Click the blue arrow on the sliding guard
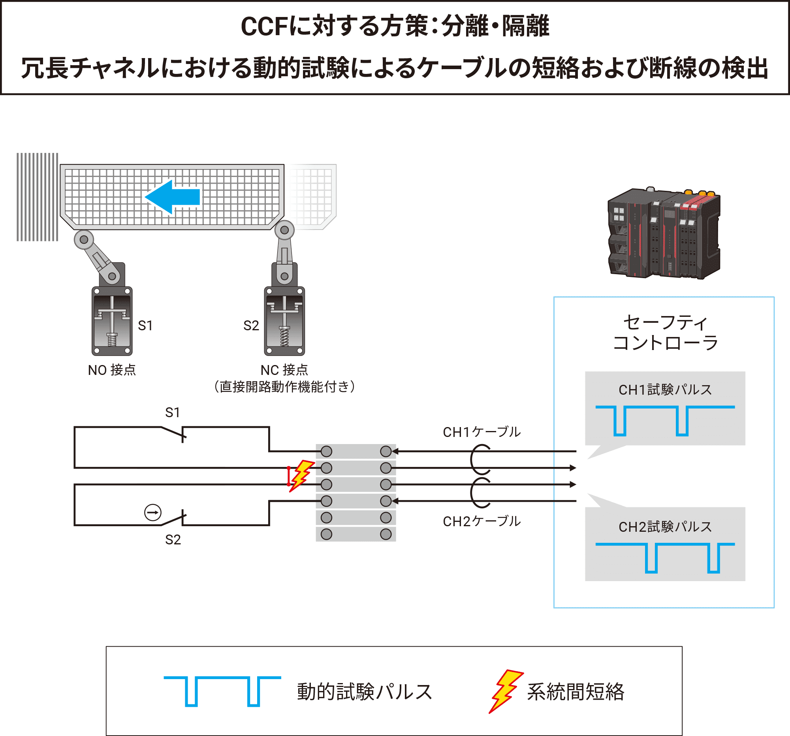(173, 197)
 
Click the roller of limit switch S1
(84, 240)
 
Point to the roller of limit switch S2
(284, 230)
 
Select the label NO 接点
(112, 370)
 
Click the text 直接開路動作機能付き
(284, 387)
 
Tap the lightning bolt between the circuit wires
(302, 475)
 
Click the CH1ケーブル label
(481, 432)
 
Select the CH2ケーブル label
(481, 521)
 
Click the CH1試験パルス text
(665, 390)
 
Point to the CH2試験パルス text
(665, 527)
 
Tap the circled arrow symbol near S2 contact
(152, 513)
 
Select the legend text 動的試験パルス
(365, 692)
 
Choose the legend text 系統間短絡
(576, 692)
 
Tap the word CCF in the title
(264, 27)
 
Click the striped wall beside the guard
(38, 197)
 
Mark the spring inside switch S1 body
(112, 339)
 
